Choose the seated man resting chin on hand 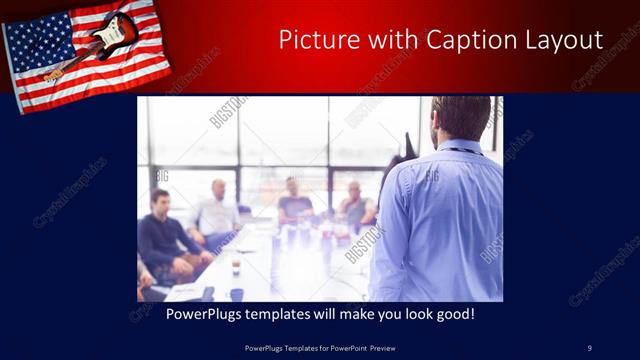click(x=355, y=204)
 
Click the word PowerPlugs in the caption click(x=173, y=314)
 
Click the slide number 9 click(x=589, y=347)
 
